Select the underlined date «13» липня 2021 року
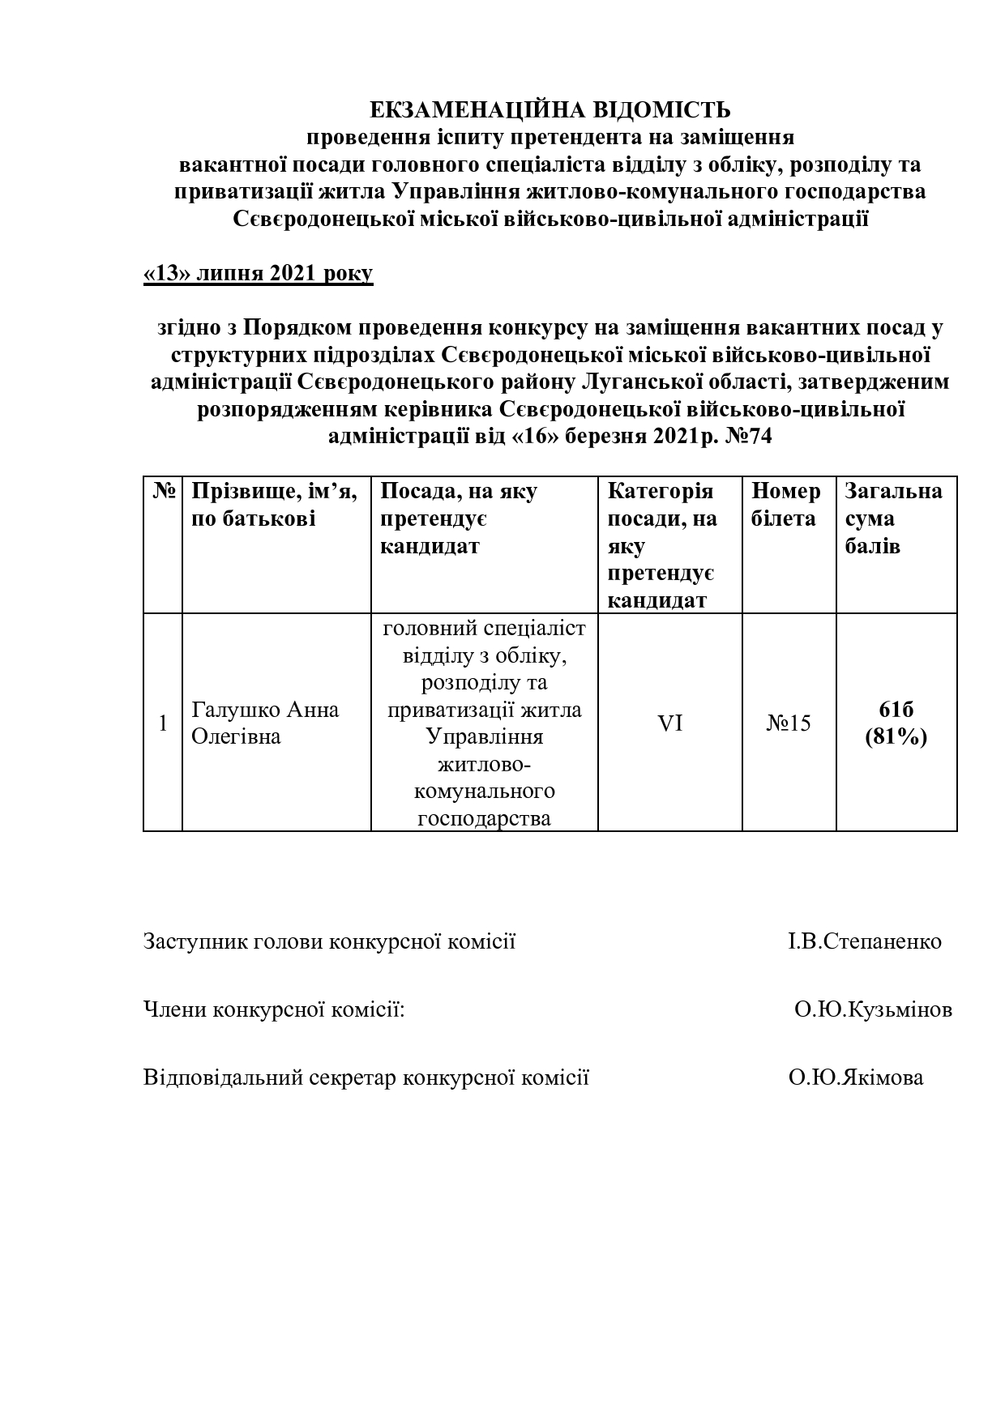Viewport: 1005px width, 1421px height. tap(258, 273)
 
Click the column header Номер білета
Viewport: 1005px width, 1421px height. tap(785, 505)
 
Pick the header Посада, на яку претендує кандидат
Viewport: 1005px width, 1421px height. tap(459, 518)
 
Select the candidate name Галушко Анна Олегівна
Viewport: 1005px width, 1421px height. tap(265, 723)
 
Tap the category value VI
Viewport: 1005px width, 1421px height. tap(669, 723)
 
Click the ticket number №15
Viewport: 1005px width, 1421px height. tap(789, 723)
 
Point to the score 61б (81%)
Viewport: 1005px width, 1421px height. tap(896, 723)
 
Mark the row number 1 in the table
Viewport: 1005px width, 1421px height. tap(163, 723)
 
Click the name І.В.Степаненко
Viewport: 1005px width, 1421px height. tap(864, 941)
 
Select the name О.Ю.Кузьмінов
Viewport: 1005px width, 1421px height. tap(873, 1009)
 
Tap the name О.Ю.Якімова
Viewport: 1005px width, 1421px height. tap(855, 1077)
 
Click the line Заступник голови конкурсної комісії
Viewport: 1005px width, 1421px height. tap(329, 941)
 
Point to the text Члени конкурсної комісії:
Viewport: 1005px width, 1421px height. tap(274, 1009)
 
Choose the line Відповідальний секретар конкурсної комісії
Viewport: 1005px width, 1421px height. tap(366, 1077)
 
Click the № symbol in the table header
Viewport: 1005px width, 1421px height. tap(163, 492)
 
